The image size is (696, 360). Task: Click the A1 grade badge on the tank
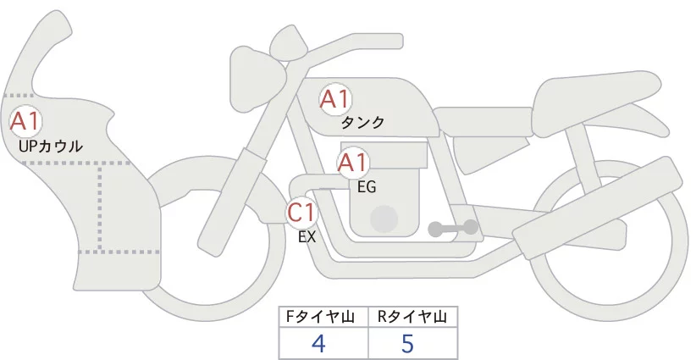(x=334, y=99)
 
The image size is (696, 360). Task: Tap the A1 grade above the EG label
(x=353, y=163)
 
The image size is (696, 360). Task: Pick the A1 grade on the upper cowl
(x=25, y=121)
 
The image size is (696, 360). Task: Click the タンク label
(x=362, y=123)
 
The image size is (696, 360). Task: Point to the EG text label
(x=367, y=187)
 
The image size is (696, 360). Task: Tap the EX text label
(x=307, y=237)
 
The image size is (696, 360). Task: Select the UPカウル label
(x=50, y=147)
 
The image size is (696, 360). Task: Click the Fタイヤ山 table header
(x=323, y=317)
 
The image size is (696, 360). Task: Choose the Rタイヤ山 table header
(x=412, y=317)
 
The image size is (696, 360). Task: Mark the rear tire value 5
(x=406, y=343)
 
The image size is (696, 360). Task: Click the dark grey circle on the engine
(x=385, y=219)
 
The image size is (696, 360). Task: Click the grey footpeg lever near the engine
(x=453, y=227)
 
